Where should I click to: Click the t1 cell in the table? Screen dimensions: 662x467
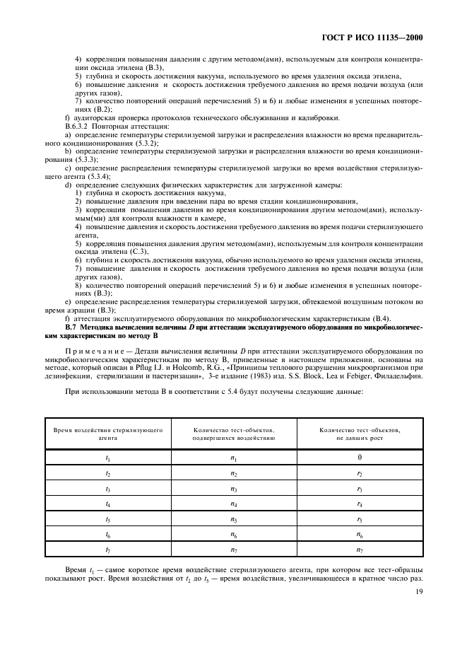point(108,458)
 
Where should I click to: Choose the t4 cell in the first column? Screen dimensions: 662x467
point(108,504)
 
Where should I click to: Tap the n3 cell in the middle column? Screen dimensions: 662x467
point(234,488)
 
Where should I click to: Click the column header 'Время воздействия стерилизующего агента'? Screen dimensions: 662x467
point(108,434)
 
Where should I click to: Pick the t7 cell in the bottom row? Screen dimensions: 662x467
point(108,550)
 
